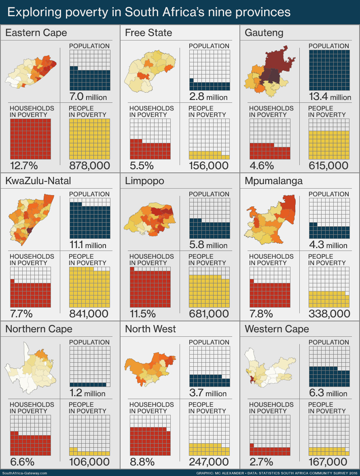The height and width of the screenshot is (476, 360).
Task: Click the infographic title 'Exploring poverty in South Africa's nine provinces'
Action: point(149,12)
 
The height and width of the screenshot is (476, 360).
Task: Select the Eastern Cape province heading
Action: point(36,33)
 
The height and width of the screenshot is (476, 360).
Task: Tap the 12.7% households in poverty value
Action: point(24,166)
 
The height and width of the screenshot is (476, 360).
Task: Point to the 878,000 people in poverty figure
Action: point(89,166)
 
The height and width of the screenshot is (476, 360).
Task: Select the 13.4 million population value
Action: point(330,97)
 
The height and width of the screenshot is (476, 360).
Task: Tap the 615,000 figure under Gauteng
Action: point(328,166)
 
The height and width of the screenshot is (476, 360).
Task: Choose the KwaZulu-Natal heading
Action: point(38,181)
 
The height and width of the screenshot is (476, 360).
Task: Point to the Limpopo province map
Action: point(150,220)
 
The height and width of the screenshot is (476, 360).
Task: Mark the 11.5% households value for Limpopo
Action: point(143,314)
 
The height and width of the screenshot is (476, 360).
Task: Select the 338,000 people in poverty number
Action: point(329,314)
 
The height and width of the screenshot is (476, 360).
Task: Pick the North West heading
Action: point(150,329)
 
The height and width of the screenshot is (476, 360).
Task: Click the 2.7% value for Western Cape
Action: point(261,462)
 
